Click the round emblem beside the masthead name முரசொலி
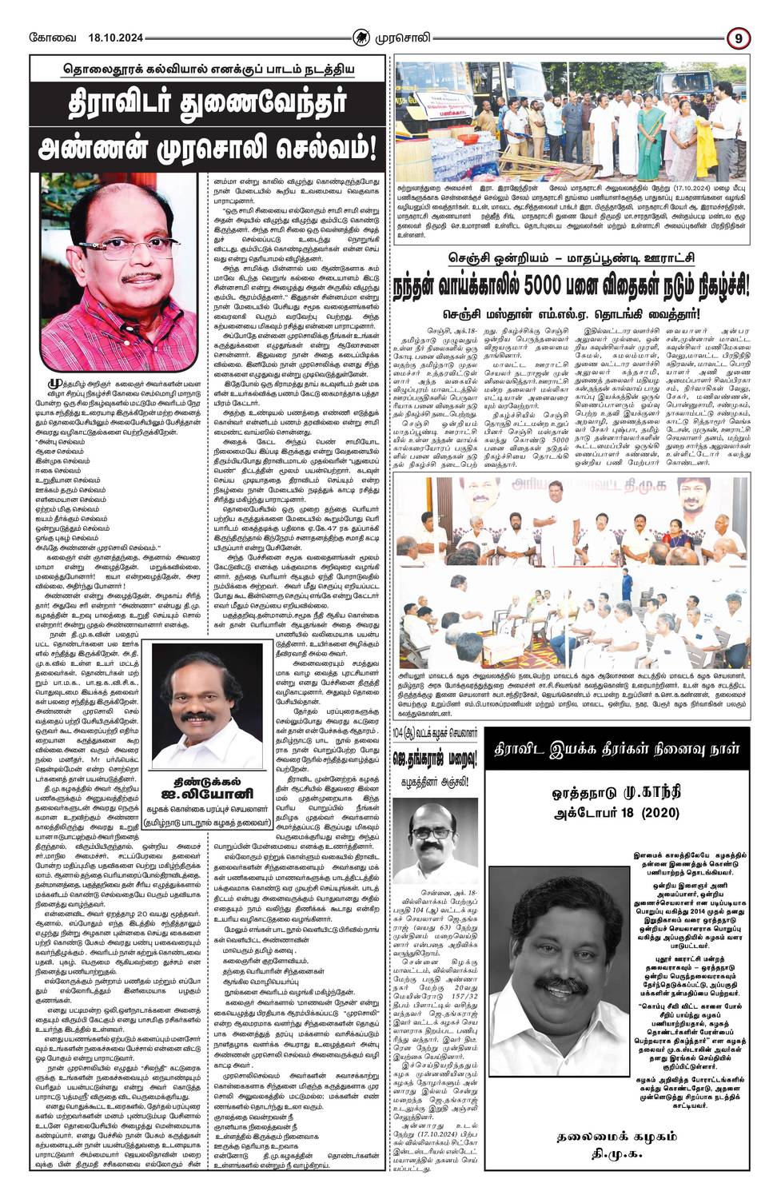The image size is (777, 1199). click(x=362, y=37)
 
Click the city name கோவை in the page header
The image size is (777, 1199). click(x=48, y=38)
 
